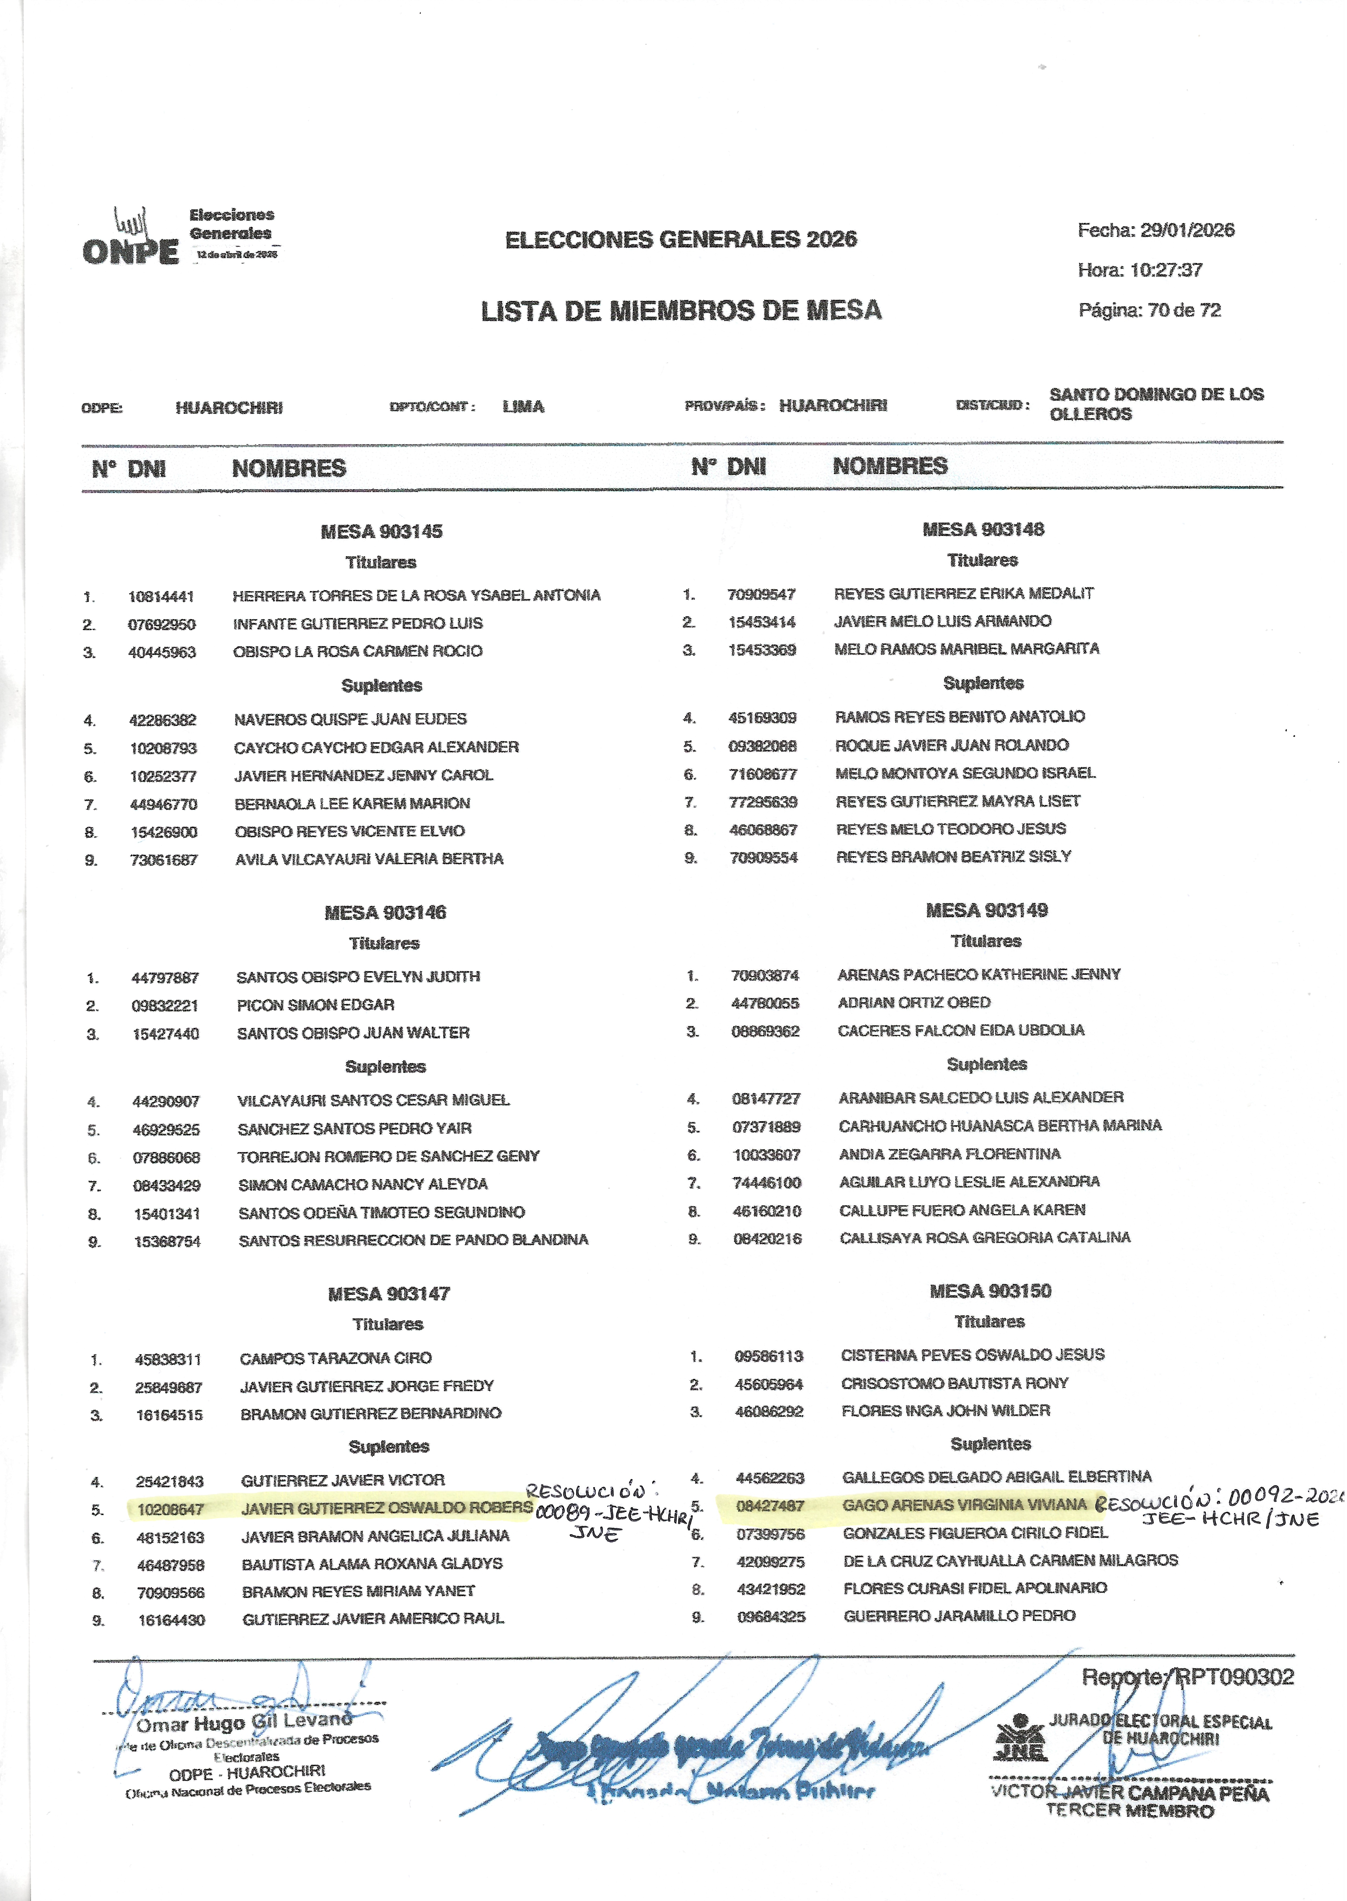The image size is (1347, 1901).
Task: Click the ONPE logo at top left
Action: (x=131, y=241)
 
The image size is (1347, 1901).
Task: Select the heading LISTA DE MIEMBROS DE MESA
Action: (x=681, y=311)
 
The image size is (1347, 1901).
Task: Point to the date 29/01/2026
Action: (x=1187, y=231)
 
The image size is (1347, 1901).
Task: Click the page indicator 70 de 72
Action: (x=1185, y=310)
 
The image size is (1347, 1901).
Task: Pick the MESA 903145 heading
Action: (x=382, y=532)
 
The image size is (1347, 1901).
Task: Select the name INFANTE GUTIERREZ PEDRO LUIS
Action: (x=357, y=624)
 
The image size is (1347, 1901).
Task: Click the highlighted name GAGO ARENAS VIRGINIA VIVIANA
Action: (x=964, y=1504)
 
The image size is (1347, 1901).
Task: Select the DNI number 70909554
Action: (x=763, y=858)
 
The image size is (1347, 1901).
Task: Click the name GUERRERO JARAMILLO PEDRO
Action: (x=959, y=1616)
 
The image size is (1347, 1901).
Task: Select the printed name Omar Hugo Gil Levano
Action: (x=244, y=1724)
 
